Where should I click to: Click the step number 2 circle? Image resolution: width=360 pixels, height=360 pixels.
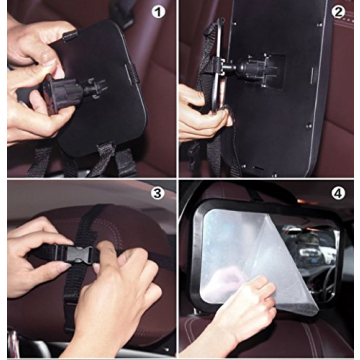(x=340, y=14)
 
